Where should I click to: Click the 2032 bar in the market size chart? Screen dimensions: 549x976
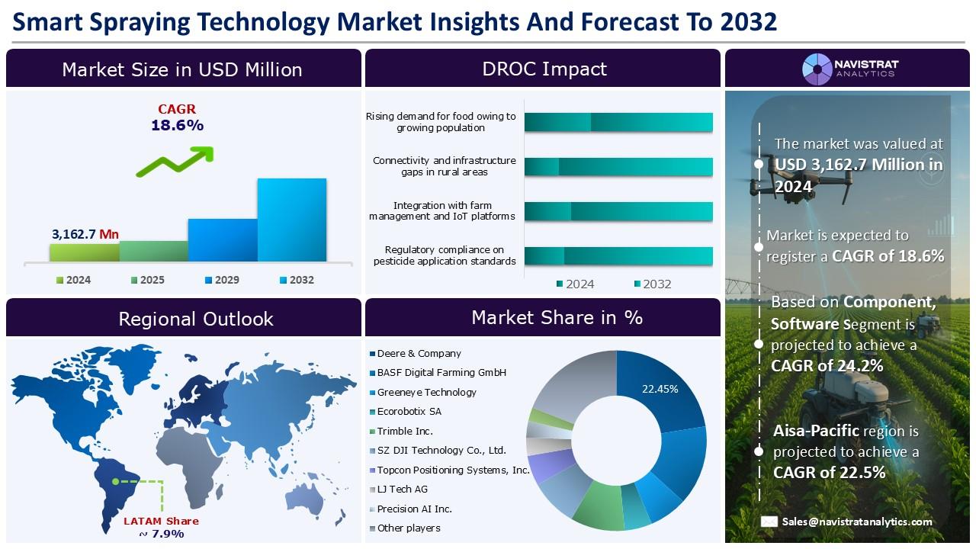coord(291,220)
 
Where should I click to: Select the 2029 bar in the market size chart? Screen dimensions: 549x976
coord(223,240)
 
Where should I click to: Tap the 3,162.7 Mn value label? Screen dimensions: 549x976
coord(85,234)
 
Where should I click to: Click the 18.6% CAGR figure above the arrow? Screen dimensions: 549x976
coord(177,126)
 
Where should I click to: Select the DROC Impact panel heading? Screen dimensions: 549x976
coord(544,69)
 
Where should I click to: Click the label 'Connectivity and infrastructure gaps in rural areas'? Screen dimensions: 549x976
coord(444,166)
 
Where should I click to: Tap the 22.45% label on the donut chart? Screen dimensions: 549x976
coord(660,389)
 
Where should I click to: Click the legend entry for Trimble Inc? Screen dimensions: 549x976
coord(405,431)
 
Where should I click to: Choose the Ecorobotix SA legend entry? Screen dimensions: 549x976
coord(409,412)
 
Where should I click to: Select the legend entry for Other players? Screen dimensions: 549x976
coord(409,528)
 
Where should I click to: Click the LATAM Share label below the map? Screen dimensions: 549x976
coord(161,522)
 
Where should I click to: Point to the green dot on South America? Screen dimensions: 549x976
coord(115,481)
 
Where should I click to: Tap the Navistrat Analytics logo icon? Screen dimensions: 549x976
coord(817,69)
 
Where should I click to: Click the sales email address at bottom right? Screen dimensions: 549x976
coord(856,522)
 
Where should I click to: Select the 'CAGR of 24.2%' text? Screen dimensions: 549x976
coord(827,366)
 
